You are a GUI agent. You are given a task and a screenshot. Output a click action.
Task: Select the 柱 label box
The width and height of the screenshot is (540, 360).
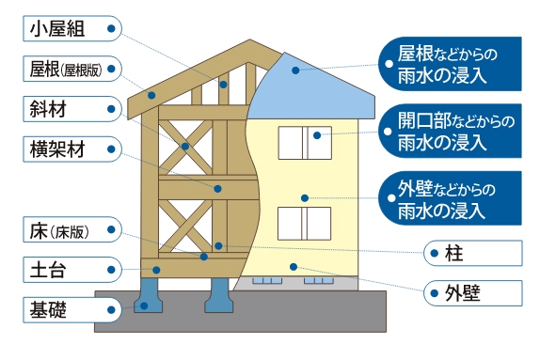(470, 253)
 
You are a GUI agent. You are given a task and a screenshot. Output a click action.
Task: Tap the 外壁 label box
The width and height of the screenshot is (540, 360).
(470, 290)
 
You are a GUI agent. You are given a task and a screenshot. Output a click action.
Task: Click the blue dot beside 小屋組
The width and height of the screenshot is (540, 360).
(111, 29)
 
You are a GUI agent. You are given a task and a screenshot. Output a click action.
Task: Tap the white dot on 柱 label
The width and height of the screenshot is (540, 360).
(434, 253)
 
